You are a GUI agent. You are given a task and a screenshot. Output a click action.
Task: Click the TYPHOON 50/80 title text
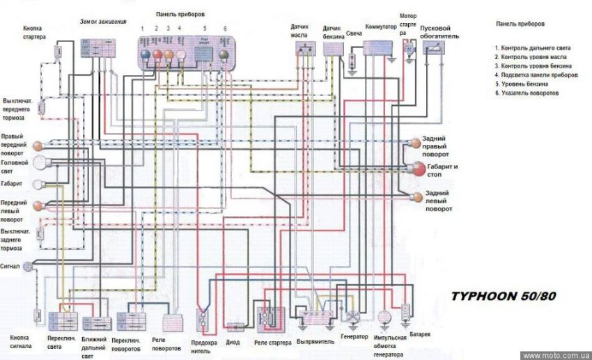(x=504, y=295)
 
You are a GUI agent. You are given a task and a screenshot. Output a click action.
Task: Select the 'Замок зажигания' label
(x=103, y=22)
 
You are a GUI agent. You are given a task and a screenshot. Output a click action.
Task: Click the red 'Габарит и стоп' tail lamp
(x=418, y=169)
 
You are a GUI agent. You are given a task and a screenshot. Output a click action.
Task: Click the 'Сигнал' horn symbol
(x=28, y=266)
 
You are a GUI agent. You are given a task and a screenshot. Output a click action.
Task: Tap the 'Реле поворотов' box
(x=173, y=321)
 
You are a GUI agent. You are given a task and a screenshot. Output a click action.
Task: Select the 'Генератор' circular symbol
(x=354, y=317)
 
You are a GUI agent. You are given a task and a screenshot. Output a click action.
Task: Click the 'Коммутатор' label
(x=381, y=27)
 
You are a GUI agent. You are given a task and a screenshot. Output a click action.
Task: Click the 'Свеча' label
(x=353, y=33)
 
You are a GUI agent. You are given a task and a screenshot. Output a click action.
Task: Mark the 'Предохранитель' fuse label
(x=204, y=345)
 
